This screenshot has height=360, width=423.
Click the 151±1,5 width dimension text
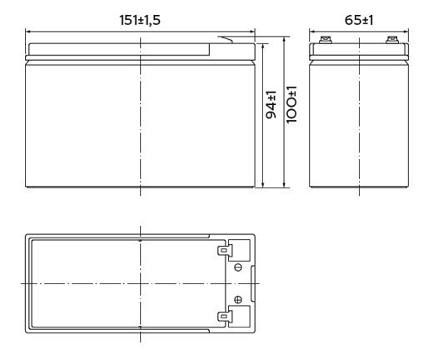[140, 20]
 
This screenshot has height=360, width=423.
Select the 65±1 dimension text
[359, 20]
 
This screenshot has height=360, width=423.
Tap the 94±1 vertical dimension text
[271, 104]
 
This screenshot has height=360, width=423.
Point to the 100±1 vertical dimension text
[291, 104]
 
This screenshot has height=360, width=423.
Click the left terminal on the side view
[326, 40]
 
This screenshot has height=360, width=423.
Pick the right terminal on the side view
[392, 40]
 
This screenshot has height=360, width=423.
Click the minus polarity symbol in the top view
[238, 267]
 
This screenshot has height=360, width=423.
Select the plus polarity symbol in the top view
[238, 299]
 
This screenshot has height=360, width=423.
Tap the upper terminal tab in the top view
[225, 251]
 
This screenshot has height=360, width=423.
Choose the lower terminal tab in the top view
[225, 316]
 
